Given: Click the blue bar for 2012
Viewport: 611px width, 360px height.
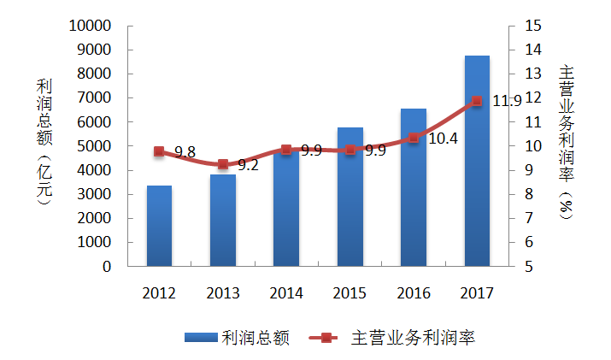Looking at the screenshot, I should pos(159,226).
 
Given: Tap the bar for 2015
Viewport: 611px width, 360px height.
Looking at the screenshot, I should pos(350,197).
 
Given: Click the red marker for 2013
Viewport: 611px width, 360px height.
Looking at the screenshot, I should pos(222,164).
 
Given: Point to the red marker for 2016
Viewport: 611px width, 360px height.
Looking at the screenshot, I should pos(413,138).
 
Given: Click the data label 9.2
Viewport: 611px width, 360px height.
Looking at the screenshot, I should pos(248,165).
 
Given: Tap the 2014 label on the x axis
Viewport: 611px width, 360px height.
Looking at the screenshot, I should pos(285,293).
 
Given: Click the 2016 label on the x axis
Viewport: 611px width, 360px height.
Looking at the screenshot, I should pos(413,293).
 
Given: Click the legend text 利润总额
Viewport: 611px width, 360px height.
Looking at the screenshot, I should pos(256,338).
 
